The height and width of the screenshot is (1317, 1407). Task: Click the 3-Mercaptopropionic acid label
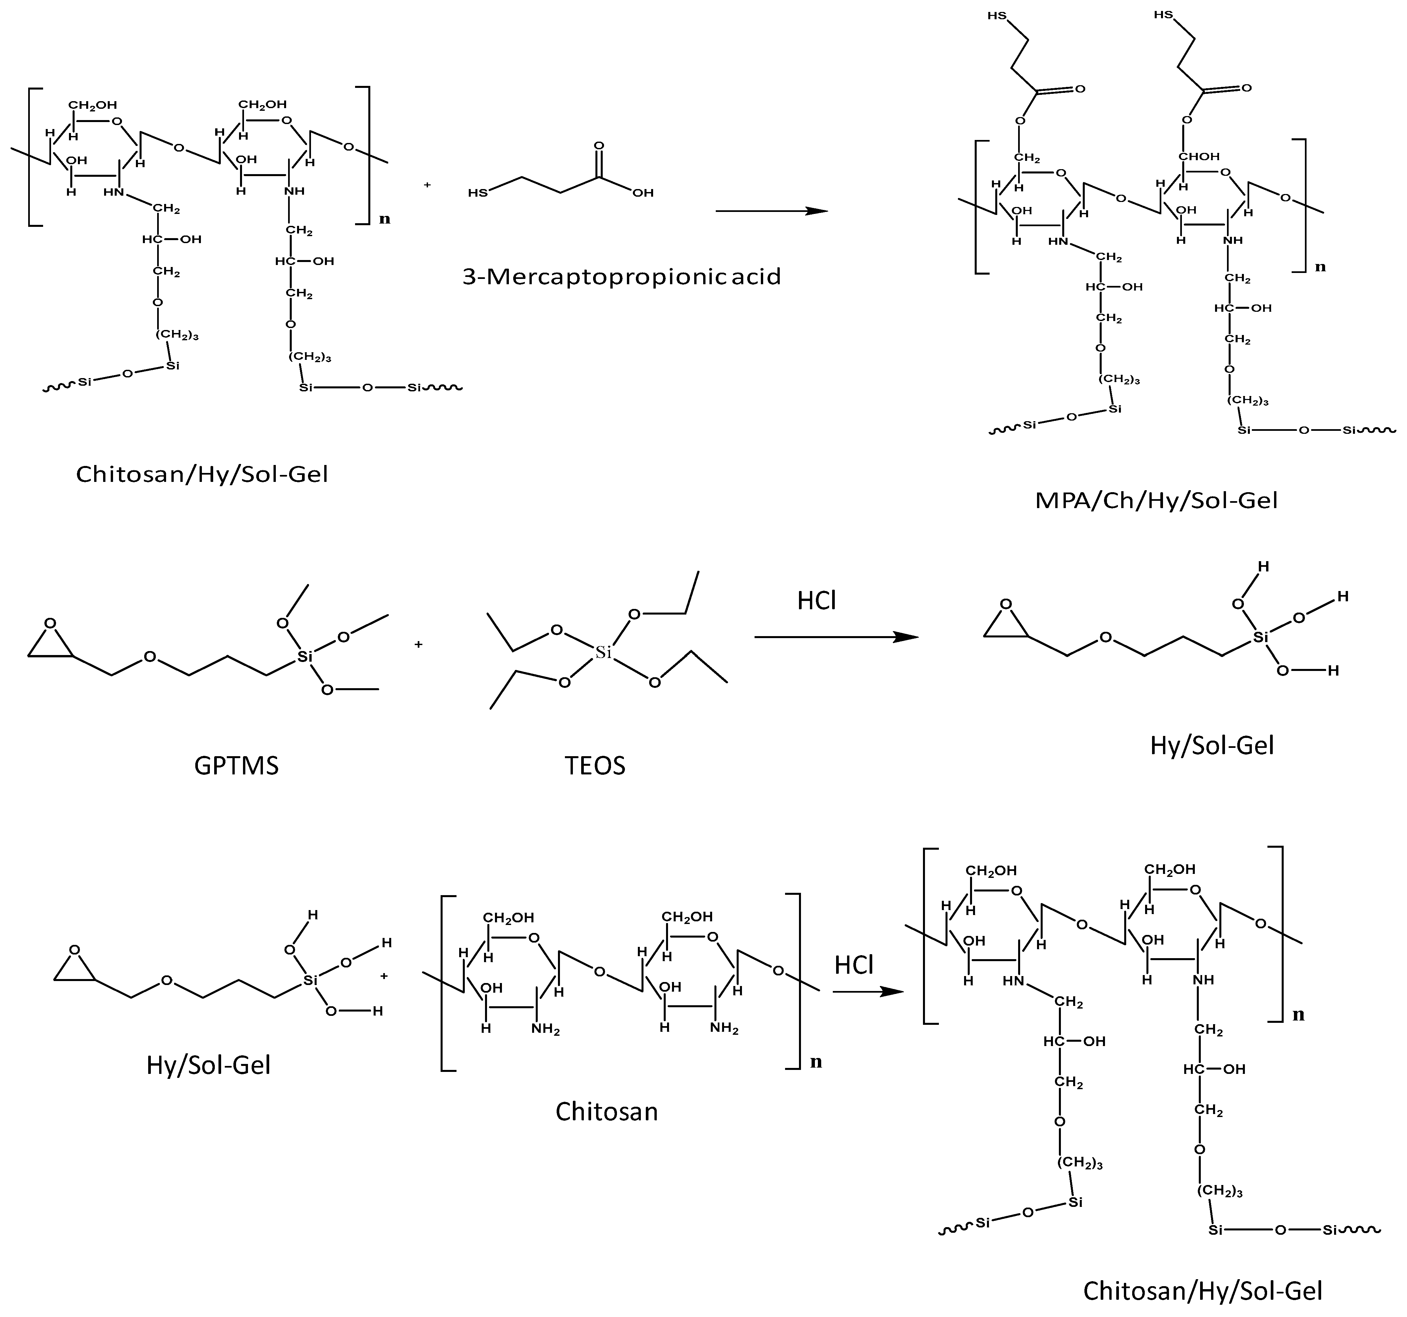pos(621,276)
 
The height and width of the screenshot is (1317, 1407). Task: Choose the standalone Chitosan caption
pos(607,1111)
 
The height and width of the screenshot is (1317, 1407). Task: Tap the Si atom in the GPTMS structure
pos(304,657)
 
